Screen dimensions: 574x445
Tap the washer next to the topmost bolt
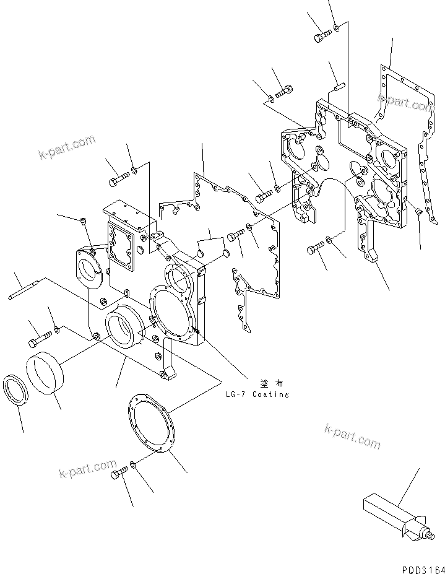pos(335,27)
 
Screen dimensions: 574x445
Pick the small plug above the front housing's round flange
pos(84,220)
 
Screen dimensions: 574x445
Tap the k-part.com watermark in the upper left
pos(66,148)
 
